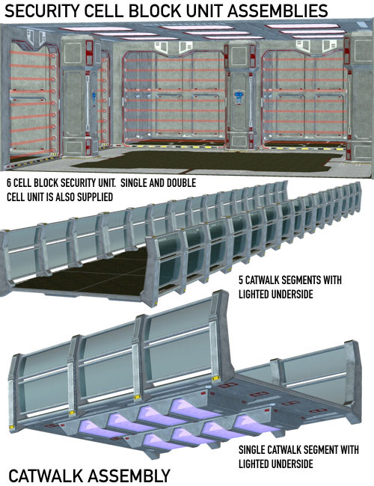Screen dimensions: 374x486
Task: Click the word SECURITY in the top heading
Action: tap(42, 11)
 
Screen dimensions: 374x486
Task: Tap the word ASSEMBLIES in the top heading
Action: tap(278, 11)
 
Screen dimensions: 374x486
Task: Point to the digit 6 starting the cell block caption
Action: tap(9, 183)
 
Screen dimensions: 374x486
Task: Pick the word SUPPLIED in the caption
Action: tap(95, 197)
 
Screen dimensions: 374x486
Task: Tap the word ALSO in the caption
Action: tap(64, 197)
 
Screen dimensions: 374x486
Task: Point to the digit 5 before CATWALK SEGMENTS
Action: tap(241, 280)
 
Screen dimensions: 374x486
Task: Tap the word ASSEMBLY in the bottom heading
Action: tap(129, 476)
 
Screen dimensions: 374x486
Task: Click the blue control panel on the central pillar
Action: tap(239, 97)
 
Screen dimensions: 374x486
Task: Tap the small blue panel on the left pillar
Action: tap(94, 94)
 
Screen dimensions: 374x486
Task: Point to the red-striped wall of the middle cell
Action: tap(174, 96)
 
